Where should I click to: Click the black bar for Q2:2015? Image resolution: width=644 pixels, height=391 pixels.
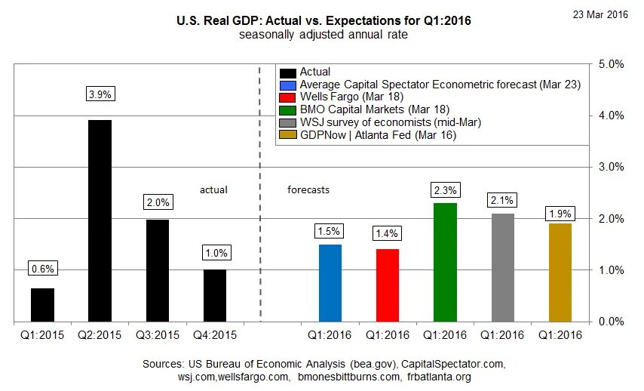100,220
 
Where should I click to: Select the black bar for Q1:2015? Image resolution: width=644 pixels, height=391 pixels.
42,304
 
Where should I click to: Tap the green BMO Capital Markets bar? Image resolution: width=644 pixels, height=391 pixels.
445,262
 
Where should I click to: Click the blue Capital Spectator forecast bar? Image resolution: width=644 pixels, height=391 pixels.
330,282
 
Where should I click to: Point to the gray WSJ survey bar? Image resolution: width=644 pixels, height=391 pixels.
503,267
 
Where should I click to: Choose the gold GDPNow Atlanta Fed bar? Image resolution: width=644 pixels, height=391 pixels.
560,272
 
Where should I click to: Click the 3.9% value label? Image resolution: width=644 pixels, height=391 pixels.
100,94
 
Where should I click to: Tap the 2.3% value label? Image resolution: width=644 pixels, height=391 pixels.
445,189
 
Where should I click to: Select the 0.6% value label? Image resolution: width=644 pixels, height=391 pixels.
42,268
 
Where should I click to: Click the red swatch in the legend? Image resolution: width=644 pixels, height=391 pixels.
287,97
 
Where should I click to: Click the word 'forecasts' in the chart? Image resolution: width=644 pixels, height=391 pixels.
308,189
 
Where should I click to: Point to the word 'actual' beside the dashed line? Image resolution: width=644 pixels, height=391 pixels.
213,189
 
